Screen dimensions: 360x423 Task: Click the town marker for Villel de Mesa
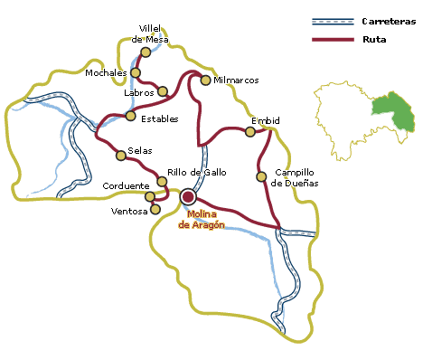146,52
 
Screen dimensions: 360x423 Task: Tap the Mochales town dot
136,72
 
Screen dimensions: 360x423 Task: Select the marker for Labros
163,90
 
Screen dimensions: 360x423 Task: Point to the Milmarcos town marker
206,81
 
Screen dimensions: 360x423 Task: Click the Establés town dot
131,116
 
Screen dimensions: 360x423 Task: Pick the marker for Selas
120,156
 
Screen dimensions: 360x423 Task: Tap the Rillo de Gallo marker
162,182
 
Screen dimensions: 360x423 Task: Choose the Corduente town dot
150,196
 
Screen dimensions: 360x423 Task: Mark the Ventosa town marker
155,209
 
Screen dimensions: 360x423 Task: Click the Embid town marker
250,132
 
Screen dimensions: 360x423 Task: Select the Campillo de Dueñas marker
261,175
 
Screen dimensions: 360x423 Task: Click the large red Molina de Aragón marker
188,196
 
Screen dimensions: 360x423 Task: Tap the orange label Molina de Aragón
202,219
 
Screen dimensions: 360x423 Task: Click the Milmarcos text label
237,81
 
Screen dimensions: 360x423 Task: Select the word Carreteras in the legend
389,20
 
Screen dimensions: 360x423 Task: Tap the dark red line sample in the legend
332,40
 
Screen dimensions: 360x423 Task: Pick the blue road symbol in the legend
332,21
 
